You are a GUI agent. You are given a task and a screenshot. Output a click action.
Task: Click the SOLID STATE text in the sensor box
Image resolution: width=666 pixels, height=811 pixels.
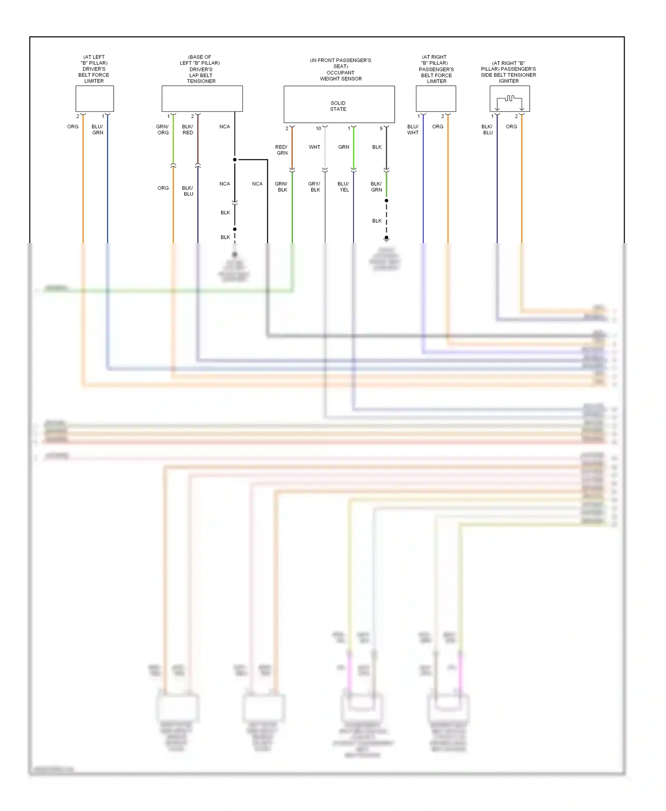coord(338,106)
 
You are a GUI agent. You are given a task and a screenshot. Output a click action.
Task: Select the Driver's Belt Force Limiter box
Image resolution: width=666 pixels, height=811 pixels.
coord(95,98)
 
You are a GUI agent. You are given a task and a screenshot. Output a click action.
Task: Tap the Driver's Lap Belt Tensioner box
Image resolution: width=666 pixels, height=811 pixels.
coord(202,98)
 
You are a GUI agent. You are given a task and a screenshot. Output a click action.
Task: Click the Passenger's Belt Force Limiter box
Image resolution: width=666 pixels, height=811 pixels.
coord(436,98)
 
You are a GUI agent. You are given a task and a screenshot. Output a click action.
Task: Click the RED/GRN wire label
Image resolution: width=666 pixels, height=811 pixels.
coord(281,150)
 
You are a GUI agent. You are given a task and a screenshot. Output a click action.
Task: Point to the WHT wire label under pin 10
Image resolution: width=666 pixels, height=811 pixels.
coord(314,147)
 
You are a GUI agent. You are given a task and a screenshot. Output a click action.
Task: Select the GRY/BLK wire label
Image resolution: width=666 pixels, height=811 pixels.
coord(314,187)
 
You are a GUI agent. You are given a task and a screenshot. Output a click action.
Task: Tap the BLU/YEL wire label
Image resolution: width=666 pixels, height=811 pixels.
coord(344,187)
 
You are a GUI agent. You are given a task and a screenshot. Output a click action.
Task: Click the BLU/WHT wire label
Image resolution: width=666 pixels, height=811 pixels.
coord(413,130)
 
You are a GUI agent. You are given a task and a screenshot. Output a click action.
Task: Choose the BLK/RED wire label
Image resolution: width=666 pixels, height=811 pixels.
coord(187,130)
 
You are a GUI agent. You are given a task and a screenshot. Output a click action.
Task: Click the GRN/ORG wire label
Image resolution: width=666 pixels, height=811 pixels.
coord(163,130)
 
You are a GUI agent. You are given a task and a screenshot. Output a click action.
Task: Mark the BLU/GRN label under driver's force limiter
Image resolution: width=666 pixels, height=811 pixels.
coord(97,130)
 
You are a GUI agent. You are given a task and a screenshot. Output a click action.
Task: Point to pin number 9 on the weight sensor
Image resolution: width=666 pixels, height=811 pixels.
coord(381,129)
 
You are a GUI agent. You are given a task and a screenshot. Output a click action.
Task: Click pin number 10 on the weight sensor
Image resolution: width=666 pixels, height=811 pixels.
coord(318,129)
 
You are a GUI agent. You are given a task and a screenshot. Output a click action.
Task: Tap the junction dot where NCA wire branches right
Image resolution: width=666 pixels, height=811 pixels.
coord(235,160)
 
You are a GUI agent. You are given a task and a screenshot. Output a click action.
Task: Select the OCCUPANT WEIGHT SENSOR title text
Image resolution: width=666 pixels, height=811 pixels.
coord(341,75)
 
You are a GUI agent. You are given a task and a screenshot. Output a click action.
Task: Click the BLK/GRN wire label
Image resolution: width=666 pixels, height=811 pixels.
coord(376,187)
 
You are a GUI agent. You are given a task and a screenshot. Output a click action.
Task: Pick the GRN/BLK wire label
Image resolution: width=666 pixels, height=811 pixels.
coord(281,187)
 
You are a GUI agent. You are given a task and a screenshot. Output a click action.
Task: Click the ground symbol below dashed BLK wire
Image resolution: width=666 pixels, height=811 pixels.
coord(386,239)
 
